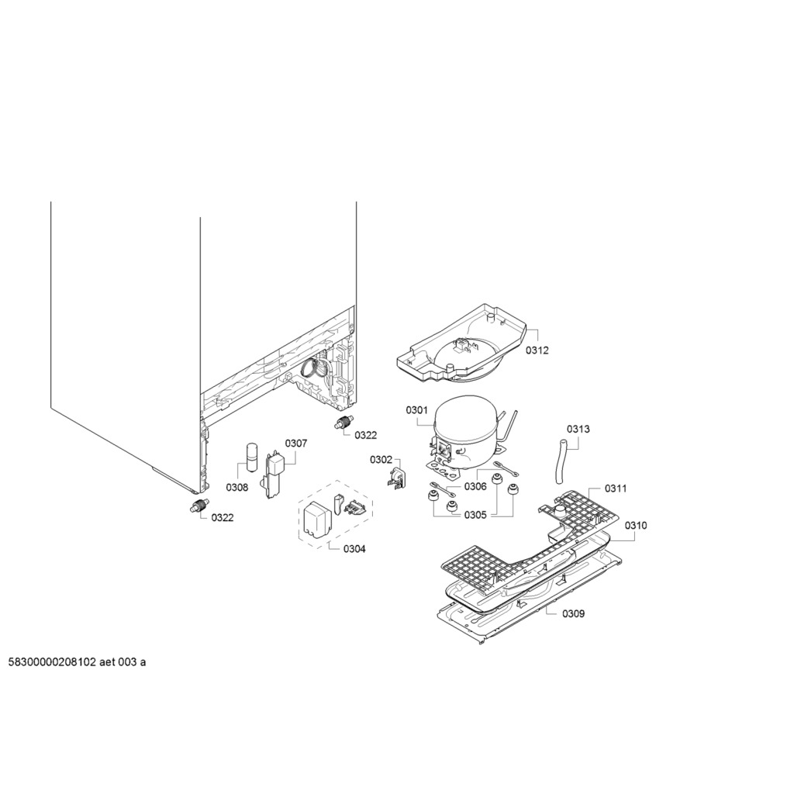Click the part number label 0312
[x=537, y=350]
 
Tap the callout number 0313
[x=578, y=429]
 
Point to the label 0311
[x=616, y=488]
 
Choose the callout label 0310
[x=636, y=525]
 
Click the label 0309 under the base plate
[x=573, y=613]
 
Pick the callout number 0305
[x=475, y=515]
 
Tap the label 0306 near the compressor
[x=475, y=487]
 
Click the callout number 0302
[x=381, y=459]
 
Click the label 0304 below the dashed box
[x=354, y=548]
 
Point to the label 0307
[x=295, y=444]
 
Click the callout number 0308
[x=237, y=487]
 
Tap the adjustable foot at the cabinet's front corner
[x=198, y=506]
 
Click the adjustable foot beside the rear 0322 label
[x=343, y=422]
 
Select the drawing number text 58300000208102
[x=52, y=662]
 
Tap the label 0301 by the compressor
[x=416, y=410]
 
